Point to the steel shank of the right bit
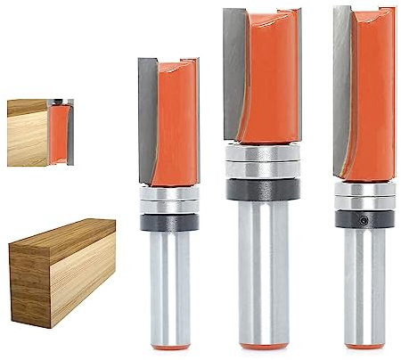point(364,285)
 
